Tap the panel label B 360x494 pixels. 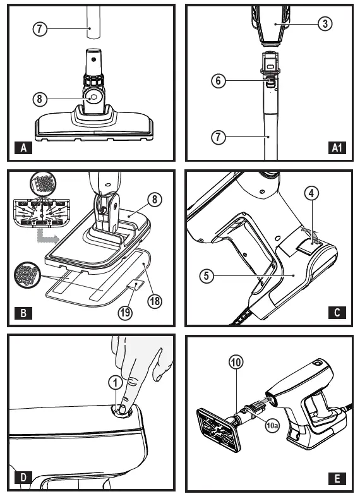(x=23, y=312)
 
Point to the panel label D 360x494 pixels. (x=23, y=477)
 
